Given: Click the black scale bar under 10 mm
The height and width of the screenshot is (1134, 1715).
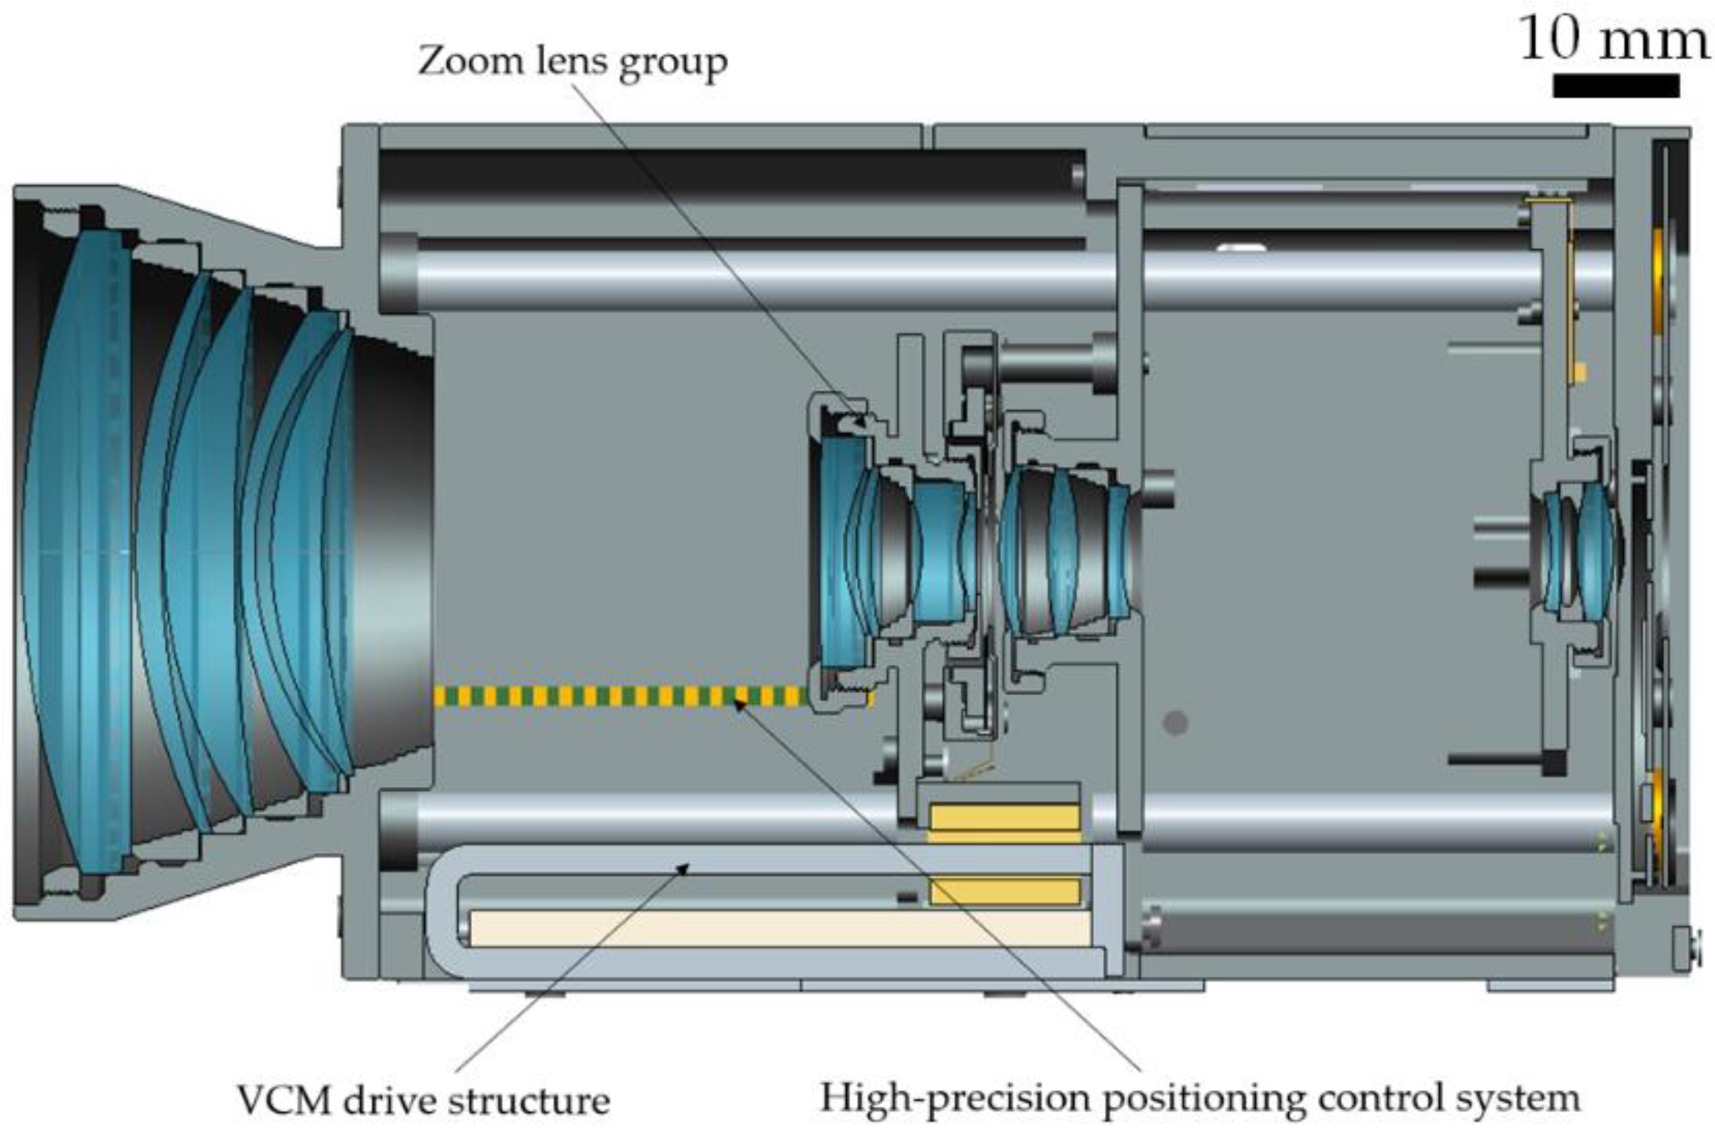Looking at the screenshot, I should [1615, 85].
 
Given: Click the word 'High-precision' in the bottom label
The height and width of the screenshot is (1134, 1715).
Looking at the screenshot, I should [955, 1098].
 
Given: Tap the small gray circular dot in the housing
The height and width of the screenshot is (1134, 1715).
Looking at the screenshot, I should [1175, 722].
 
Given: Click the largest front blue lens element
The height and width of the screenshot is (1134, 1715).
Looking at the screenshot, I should [76, 550].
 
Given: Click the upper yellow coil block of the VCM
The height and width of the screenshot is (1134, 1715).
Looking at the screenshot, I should [1003, 817].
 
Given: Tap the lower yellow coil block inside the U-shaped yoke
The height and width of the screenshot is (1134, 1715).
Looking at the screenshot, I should [1003, 891].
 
